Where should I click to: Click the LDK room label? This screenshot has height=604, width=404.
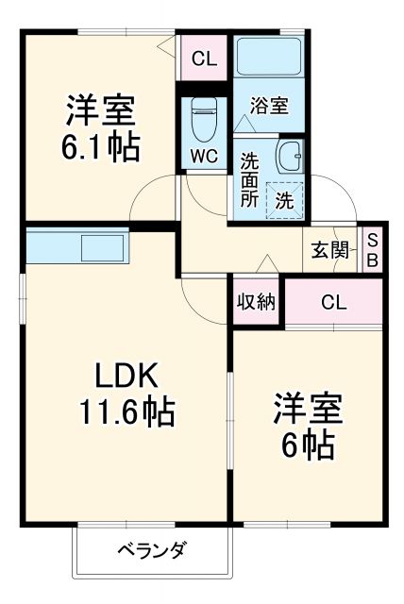click(x=126, y=377)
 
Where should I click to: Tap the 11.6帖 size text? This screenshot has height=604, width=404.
click(x=126, y=412)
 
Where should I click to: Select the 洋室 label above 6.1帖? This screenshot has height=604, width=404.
click(x=100, y=111)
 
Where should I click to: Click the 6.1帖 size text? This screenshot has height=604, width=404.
click(x=101, y=147)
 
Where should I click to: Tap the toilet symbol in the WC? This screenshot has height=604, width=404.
click(x=201, y=121)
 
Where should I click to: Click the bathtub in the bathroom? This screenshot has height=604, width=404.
click(x=269, y=57)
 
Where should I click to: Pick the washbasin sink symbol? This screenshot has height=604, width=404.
click(x=291, y=153)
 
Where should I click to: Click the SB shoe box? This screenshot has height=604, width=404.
click(x=372, y=250)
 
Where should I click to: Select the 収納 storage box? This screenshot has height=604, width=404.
click(x=256, y=302)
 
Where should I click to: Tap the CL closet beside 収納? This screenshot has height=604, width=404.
click(x=333, y=302)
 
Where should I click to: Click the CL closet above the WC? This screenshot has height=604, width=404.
click(x=204, y=59)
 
